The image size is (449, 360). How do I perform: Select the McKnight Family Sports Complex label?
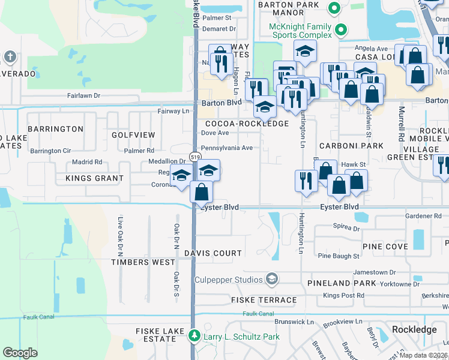pos(300,31)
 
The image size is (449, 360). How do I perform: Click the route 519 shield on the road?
pos(195,157)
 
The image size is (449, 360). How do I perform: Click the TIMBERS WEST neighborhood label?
pos(143,262)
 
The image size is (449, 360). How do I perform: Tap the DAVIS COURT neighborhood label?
pos(213,253)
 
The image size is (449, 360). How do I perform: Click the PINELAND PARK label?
pos(341,283)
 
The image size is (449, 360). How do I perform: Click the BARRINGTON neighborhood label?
pos(55,129)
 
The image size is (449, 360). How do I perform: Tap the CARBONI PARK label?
pos(351,146)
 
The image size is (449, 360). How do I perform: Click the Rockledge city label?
pos(414,330)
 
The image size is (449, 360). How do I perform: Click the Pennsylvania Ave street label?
pos(226,148)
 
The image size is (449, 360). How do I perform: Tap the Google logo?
pos(20,353)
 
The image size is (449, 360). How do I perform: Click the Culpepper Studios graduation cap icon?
pos(272,280)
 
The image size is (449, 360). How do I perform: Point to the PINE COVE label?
pos(385,247)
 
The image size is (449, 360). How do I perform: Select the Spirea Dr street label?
pos(346,228)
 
